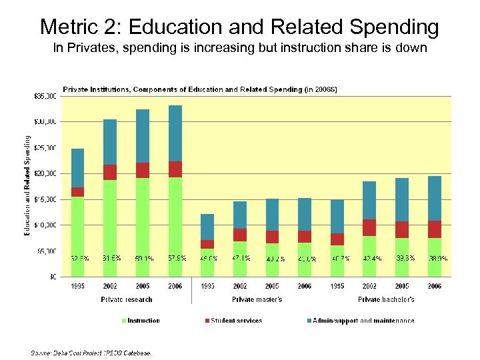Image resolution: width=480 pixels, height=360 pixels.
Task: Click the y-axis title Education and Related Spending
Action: click(x=28, y=185)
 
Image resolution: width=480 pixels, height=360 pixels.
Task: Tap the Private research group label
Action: click(x=127, y=299)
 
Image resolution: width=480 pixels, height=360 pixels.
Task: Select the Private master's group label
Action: click(x=257, y=299)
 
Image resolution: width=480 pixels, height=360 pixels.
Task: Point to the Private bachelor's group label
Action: click(x=386, y=299)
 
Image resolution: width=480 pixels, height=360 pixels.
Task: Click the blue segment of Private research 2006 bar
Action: click(x=175, y=133)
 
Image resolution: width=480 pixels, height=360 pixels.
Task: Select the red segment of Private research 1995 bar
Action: click(x=78, y=192)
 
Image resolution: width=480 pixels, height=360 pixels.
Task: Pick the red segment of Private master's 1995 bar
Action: click(x=207, y=244)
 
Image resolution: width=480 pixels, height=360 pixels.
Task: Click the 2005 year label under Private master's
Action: click(x=272, y=286)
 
